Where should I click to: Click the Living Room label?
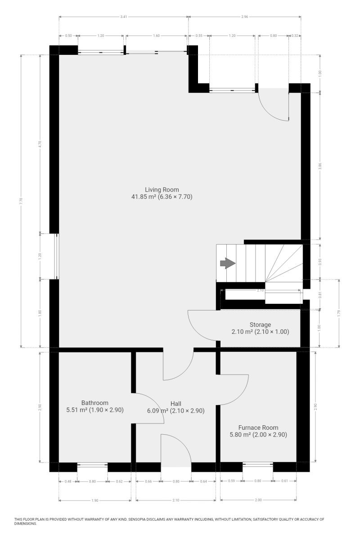162,189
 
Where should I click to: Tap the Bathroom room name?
95,403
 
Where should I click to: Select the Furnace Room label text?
258,427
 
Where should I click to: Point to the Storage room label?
260,324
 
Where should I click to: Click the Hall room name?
176,403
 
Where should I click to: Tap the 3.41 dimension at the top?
123,17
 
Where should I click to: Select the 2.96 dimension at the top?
244,17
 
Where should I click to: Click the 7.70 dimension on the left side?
21,201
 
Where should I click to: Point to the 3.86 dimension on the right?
320,166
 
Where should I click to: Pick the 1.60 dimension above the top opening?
156,36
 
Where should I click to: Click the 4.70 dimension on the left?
40,144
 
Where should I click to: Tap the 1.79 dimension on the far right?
339,313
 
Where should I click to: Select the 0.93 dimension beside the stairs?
320,261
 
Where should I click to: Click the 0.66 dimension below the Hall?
148,481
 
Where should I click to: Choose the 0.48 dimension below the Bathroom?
68,481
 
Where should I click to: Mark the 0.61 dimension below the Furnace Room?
284,481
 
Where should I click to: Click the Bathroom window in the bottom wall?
92,464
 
